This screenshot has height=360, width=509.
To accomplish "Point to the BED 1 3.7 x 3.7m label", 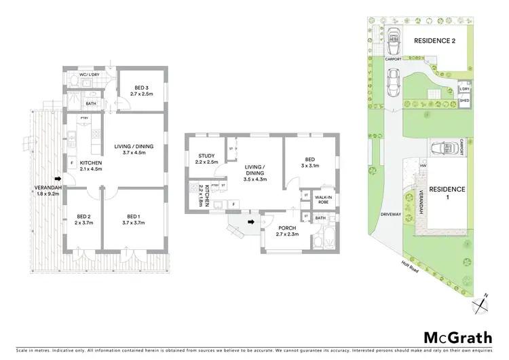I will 133,219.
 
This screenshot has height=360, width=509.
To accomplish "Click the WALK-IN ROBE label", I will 323,200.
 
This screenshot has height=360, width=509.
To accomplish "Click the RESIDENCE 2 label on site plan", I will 434,41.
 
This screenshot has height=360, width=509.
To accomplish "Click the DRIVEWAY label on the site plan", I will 389,215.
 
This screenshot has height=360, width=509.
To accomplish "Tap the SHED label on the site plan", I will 465,101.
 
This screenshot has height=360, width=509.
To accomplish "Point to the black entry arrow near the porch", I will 252,221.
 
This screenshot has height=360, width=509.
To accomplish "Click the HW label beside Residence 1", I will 423,165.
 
